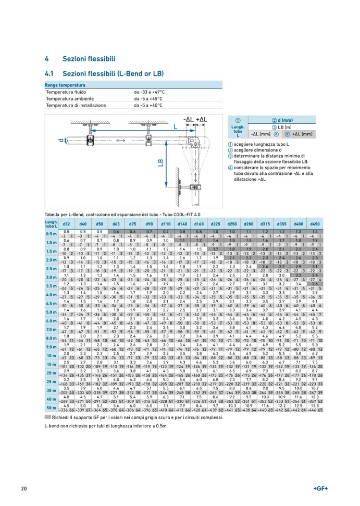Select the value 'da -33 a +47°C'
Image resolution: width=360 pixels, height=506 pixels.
(153, 91)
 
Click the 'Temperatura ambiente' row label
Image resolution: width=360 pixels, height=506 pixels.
(68, 98)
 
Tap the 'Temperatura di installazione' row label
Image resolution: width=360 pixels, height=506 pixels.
(76, 105)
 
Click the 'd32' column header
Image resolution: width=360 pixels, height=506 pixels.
(67, 224)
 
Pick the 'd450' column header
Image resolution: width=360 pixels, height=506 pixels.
(315, 224)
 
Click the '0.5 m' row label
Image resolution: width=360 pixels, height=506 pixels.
(51, 233)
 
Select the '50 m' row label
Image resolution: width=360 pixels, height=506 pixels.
(51, 408)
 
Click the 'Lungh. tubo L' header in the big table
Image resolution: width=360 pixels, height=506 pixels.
(51, 224)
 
